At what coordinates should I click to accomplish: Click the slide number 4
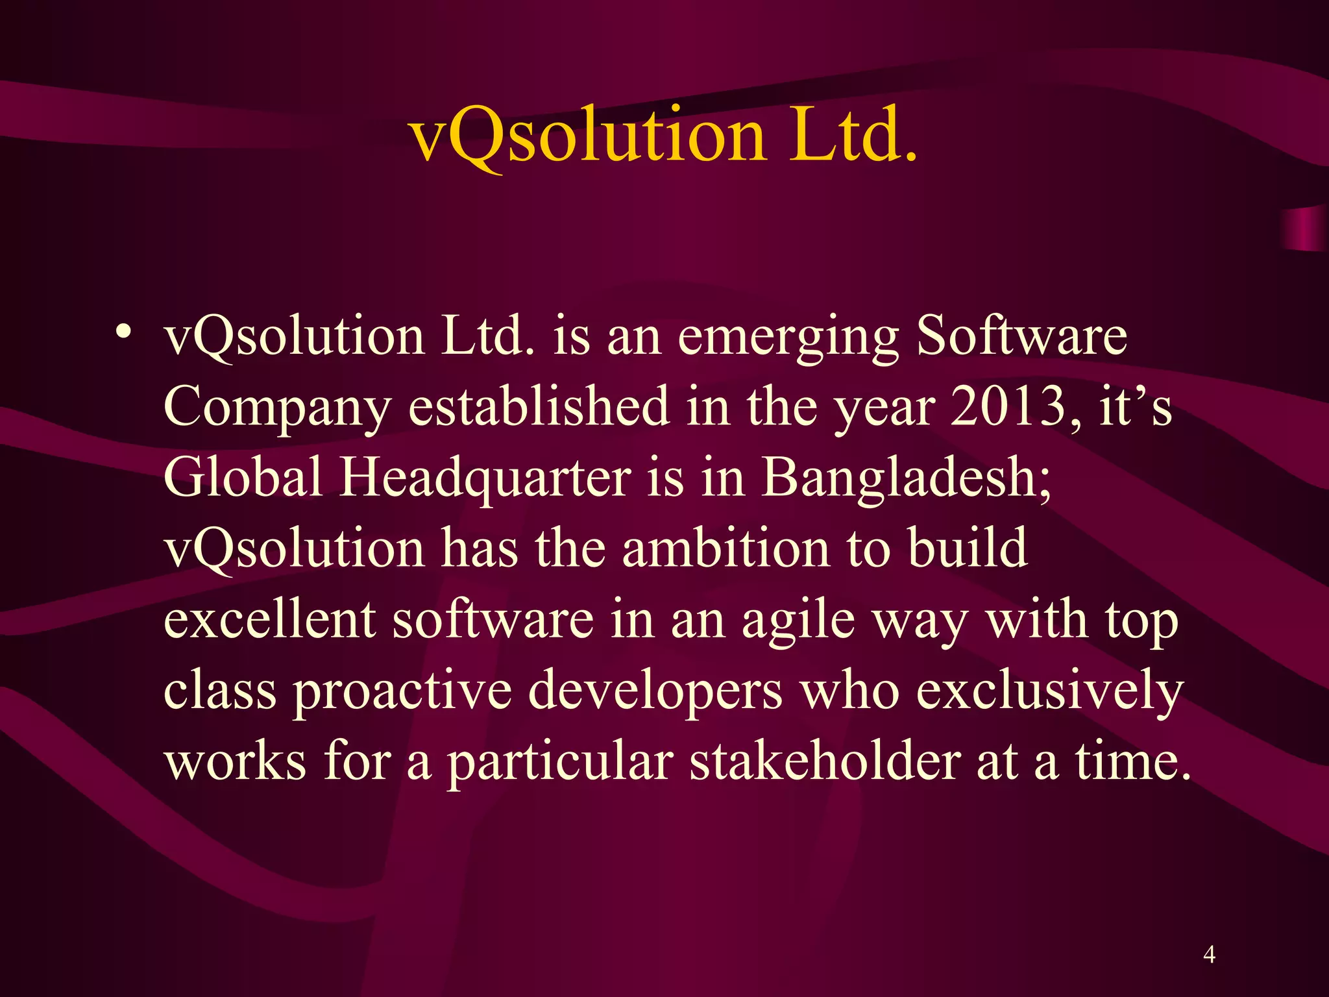tap(1209, 954)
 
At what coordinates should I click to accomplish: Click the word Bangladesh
tap(906, 478)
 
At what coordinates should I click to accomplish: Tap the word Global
tap(243, 476)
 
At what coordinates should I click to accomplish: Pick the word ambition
tap(726, 548)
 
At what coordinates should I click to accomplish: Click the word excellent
tap(270, 619)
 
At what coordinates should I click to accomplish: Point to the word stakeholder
tap(825, 761)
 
